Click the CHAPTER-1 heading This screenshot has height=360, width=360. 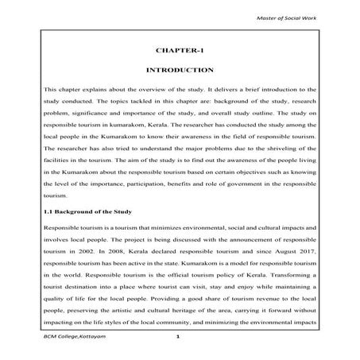tap(180, 50)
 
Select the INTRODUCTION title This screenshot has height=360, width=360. tap(180, 70)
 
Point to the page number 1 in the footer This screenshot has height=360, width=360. tap(180, 339)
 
